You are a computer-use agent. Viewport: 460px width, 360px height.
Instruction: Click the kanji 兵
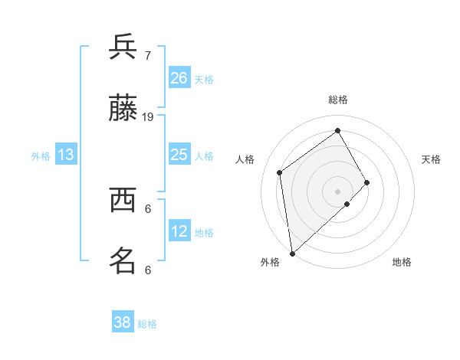coord(123,46)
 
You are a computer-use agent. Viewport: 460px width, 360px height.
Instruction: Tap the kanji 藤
coord(123,107)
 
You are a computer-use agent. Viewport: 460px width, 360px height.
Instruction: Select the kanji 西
coord(123,200)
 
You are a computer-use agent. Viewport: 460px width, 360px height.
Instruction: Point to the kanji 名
coord(123,260)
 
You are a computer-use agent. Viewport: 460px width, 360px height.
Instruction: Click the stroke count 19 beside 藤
coord(147,117)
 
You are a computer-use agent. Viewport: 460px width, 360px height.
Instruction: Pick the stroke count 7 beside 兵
coord(148,55)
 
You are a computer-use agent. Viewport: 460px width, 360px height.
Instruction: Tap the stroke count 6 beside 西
coord(148,209)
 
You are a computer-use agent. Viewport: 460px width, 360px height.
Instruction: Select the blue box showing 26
coord(179,77)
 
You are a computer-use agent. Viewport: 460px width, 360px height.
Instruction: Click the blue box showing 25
coord(179,154)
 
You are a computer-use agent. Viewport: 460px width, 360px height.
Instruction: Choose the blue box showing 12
coord(179,230)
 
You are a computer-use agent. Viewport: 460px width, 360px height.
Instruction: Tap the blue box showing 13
coord(66,154)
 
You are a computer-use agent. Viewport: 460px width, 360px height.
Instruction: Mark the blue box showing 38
coord(123,321)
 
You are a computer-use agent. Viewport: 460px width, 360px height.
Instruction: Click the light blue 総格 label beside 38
coord(147,324)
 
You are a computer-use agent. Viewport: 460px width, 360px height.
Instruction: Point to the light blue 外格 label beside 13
coord(41,156)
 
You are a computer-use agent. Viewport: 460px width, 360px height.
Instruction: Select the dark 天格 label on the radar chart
coord(431,159)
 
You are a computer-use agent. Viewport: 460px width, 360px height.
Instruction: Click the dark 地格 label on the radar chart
coord(402,262)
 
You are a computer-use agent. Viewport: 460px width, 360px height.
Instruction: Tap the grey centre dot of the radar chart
coord(337,191)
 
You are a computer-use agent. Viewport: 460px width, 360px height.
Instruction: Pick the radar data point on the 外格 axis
coord(293,254)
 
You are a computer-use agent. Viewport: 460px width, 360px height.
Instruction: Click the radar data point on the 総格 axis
coord(337,130)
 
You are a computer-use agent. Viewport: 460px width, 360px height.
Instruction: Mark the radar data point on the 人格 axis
coord(280,172)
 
